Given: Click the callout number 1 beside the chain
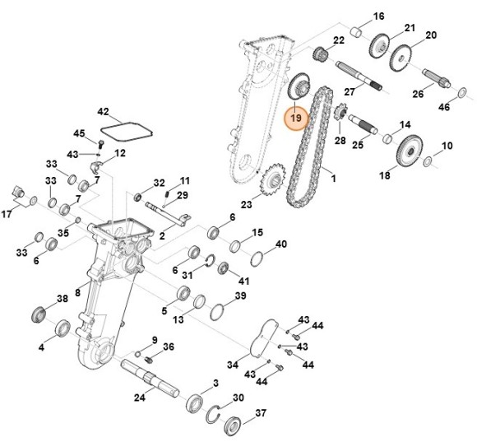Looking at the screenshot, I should click(334, 177).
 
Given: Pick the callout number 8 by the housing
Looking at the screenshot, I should click(77, 291).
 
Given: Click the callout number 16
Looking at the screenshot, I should click(378, 16).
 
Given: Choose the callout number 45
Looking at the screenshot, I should click(79, 134).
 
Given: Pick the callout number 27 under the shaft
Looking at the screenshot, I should click(349, 91).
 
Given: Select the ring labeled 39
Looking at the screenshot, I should click(218, 312).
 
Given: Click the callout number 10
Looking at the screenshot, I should click(447, 147).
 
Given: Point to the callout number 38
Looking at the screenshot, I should click(61, 298).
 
